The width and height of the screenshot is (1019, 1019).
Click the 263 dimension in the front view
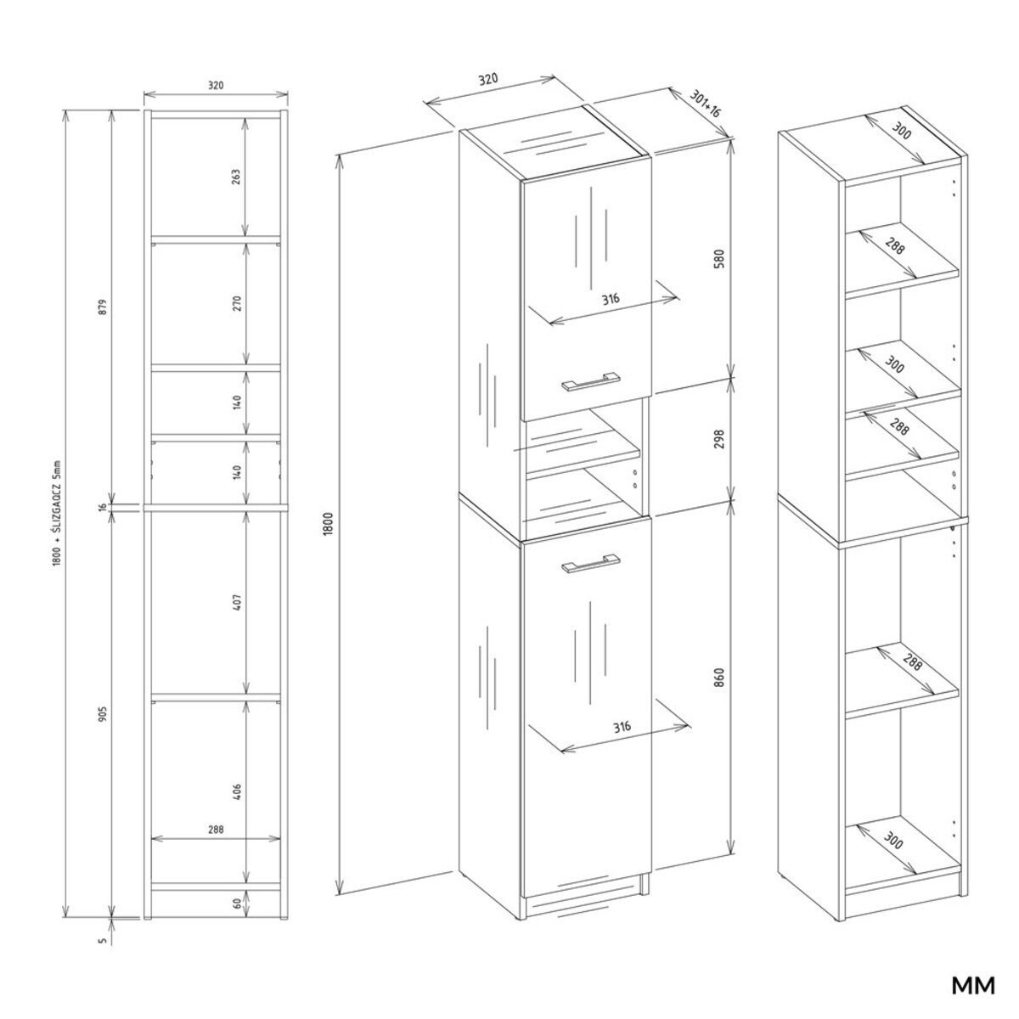[x=236, y=176]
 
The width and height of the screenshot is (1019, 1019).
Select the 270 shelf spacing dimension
[x=236, y=302]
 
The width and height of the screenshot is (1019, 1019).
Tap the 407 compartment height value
[x=236, y=603]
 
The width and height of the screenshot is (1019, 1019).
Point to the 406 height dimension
[x=236, y=792]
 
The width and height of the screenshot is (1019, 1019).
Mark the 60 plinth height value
[x=236, y=903]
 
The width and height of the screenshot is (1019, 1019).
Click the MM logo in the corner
[x=972, y=987]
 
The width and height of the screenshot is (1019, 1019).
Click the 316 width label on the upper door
[x=610, y=300]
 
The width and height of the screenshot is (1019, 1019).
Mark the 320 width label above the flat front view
[x=216, y=85]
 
